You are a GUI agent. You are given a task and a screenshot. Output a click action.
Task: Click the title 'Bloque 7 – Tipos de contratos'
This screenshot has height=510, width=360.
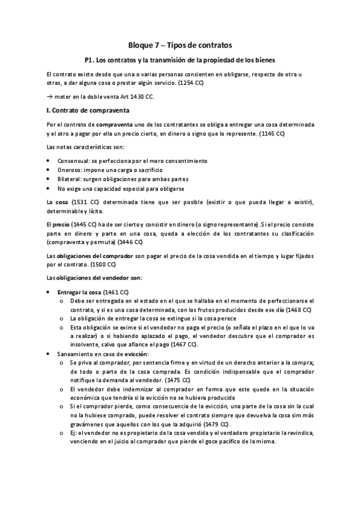pyautogui.click(x=180, y=45)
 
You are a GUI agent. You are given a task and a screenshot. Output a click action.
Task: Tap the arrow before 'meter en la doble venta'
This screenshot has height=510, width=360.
pyautogui.click(x=49, y=96)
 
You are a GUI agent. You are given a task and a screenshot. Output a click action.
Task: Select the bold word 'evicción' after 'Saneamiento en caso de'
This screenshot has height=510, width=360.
pyautogui.click(x=136, y=354)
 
